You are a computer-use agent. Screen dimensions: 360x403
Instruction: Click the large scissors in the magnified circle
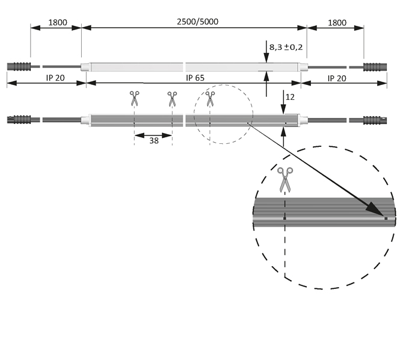click(x=285, y=179)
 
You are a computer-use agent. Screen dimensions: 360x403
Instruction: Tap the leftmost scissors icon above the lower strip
click(x=134, y=98)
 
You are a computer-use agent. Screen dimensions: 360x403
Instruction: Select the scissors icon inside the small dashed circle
click(x=209, y=98)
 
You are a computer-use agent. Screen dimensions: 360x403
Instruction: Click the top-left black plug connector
click(x=18, y=66)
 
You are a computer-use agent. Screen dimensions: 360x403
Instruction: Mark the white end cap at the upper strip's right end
click(x=304, y=66)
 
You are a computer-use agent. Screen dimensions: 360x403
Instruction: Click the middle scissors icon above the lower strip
click(x=172, y=98)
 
